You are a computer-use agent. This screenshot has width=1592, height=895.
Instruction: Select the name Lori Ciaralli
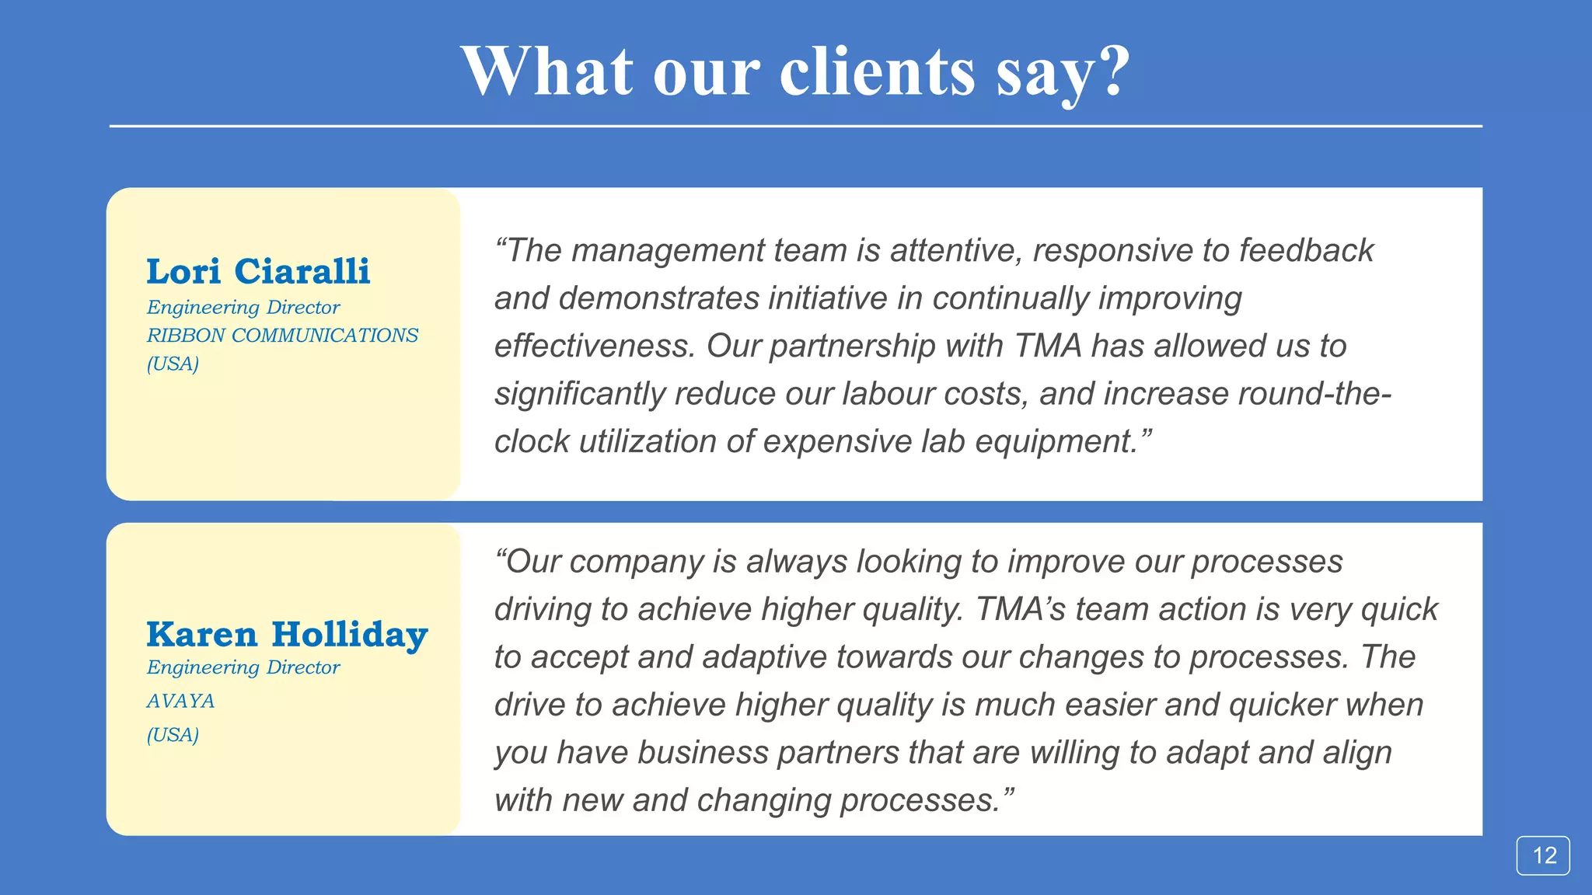(x=258, y=271)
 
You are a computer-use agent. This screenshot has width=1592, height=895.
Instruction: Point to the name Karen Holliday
(x=287, y=634)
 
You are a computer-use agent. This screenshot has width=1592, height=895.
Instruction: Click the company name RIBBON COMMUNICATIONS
(x=282, y=335)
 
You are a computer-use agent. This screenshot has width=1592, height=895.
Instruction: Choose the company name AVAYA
(x=180, y=701)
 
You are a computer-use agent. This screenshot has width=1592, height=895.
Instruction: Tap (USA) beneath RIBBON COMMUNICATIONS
(x=173, y=364)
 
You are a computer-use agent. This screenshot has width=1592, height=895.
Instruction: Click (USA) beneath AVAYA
(x=173, y=734)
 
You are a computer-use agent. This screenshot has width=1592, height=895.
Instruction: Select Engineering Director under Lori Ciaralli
(x=243, y=307)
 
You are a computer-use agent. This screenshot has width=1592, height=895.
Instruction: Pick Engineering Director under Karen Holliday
(x=243, y=667)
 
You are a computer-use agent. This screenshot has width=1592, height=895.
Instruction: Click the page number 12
(x=1544, y=855)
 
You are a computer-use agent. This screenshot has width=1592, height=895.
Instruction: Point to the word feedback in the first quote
(x=1306, y=251)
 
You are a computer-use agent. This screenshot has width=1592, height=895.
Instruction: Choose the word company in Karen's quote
(x=636, y=562)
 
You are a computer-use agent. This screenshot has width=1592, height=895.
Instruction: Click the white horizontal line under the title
(x=795, y=126)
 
